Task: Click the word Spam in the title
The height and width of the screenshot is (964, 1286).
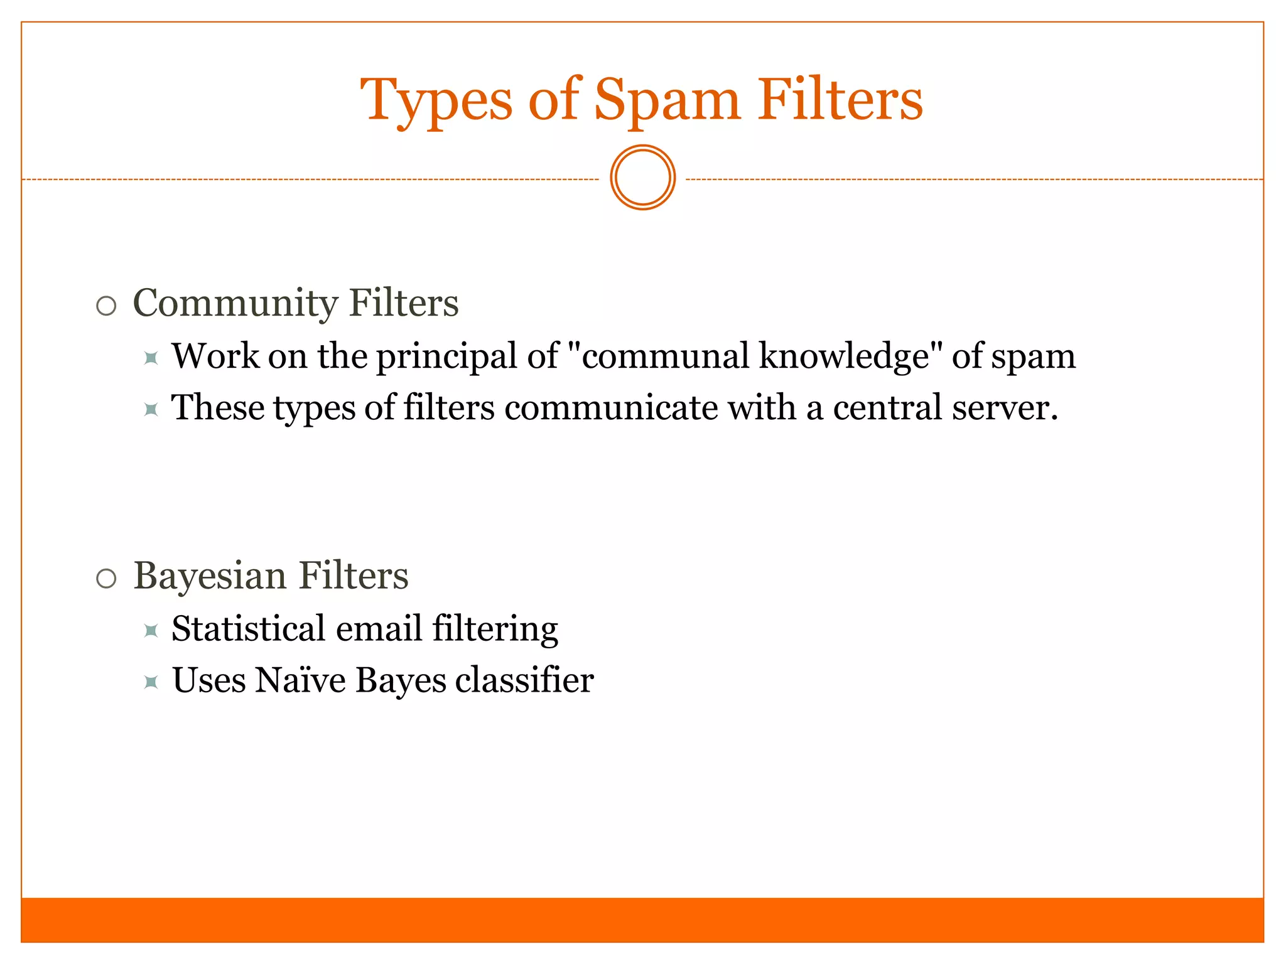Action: [x=667, y=100]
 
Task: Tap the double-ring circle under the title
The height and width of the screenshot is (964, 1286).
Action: [x=642, y=178]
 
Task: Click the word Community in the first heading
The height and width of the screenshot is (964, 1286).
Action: [x=236, y=303]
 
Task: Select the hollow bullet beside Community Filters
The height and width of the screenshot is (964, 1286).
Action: [x=107, y=306]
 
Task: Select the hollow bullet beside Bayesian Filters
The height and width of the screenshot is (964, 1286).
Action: [x=107, y=579]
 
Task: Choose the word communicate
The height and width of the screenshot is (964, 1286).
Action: [x=611, y=408]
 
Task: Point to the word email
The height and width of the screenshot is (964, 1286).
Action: [x=379, y=628]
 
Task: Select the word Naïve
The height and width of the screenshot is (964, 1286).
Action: [x=301, y=680]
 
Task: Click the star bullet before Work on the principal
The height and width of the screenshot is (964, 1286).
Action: [x=151, y=358]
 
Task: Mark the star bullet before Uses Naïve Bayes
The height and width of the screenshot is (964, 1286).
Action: [x=151, y=682]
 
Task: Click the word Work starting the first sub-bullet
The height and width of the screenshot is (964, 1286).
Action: [x=215, y=356]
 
